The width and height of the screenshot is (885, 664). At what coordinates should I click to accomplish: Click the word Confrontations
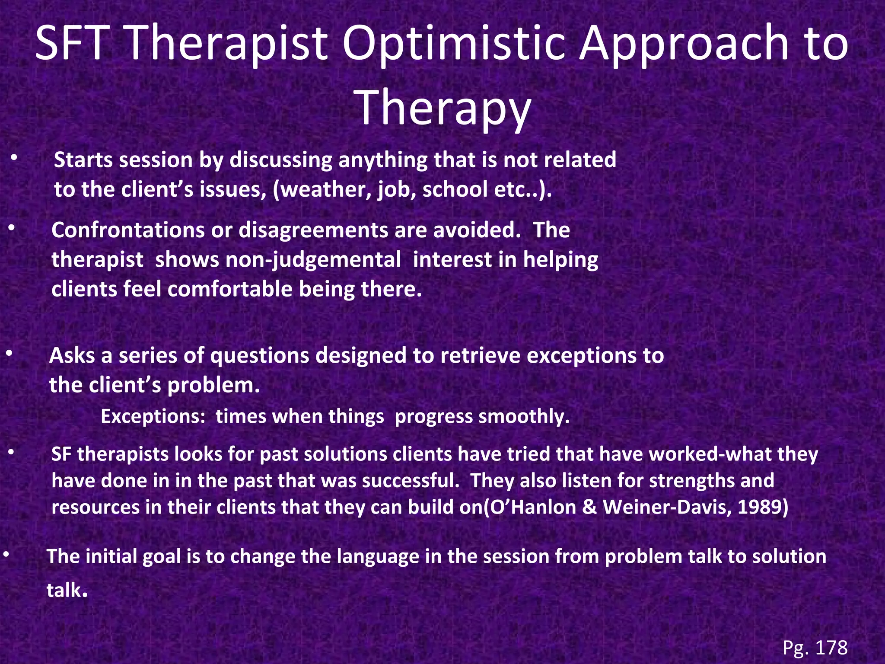tap(128, 230)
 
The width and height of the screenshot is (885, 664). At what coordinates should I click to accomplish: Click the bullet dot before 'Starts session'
tap(14, 159)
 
